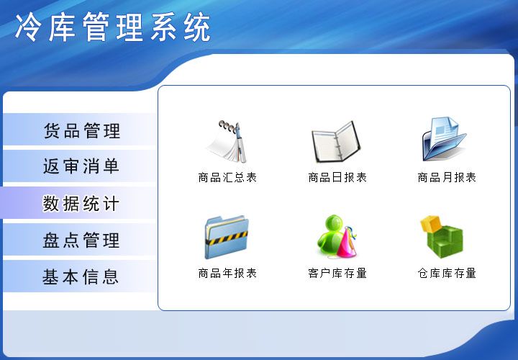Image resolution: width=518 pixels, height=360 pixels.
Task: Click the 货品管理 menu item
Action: pos(79,130)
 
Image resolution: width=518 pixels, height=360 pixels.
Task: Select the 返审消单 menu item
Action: pos(79,166)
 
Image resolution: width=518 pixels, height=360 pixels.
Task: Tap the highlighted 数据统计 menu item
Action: pos(78,202)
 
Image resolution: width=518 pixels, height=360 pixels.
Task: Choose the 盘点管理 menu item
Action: pos(79,240)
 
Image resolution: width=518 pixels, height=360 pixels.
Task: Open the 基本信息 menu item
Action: pos(79,276)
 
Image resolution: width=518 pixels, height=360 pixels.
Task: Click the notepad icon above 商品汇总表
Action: pos(227,142)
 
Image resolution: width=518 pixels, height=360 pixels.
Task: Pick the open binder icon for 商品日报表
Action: pos(336,142)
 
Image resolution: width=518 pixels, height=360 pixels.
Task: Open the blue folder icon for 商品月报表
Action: pos(444,139)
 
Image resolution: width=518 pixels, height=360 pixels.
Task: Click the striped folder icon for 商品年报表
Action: pos(227,237)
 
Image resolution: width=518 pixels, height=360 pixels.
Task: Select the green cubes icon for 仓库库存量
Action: pos(442,237)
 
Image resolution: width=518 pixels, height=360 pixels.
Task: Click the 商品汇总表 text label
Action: pos(227,178)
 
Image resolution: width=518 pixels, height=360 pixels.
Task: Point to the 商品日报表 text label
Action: pos(337,178)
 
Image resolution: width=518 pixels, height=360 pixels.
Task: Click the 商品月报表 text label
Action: pos(447,178)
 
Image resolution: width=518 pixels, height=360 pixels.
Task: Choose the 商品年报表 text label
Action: pos(227,273)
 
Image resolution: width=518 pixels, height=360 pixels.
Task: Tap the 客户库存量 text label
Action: pos(337,273)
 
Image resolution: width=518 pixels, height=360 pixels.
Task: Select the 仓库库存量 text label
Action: pos(447,273)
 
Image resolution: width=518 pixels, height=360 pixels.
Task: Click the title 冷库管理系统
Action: pos(113,27)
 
